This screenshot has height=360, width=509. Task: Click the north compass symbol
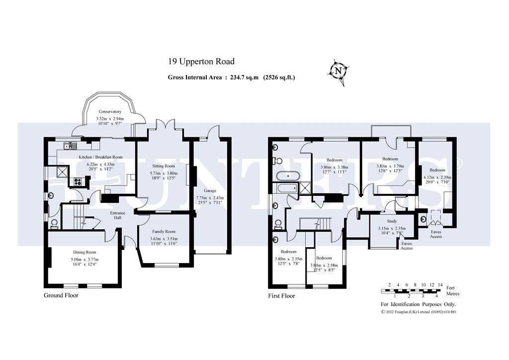[338, 71]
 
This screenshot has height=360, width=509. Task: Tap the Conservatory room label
[110, 111]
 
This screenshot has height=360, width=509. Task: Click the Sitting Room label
[163, 166]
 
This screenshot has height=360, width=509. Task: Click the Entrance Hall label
[118, 216]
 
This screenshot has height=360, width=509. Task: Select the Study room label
[392, 221]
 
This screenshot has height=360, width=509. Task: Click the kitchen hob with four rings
[79, 181]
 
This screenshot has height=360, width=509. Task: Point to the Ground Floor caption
[61, 295]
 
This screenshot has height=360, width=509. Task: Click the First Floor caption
[281, 296]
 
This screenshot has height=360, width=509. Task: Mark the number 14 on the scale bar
[440, 285]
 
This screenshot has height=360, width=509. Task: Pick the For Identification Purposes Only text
[418, 304]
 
